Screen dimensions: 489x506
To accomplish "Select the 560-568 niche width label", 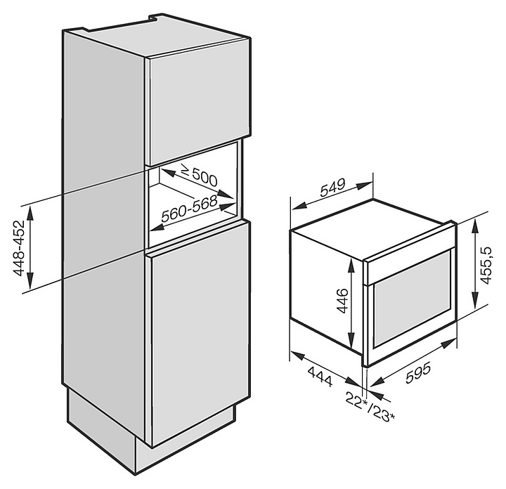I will click(188, 211).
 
